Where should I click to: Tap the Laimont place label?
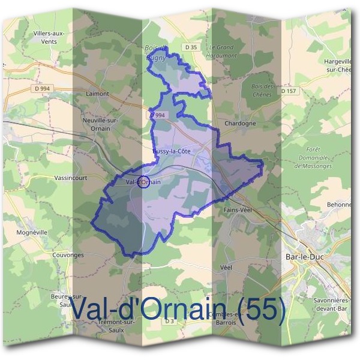coord(97,94)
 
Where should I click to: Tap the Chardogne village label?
coord(240,123)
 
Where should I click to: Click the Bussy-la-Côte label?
coord(172,151)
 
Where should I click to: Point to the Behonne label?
coord(339,205)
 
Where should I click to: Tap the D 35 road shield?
coord(191,47)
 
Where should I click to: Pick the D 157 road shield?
coord(288,91)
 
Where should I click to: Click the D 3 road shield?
coord(170,321)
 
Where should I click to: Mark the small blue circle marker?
coord(143,182)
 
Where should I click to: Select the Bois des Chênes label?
coord(262,91)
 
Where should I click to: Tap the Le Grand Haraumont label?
coord(221,50)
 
